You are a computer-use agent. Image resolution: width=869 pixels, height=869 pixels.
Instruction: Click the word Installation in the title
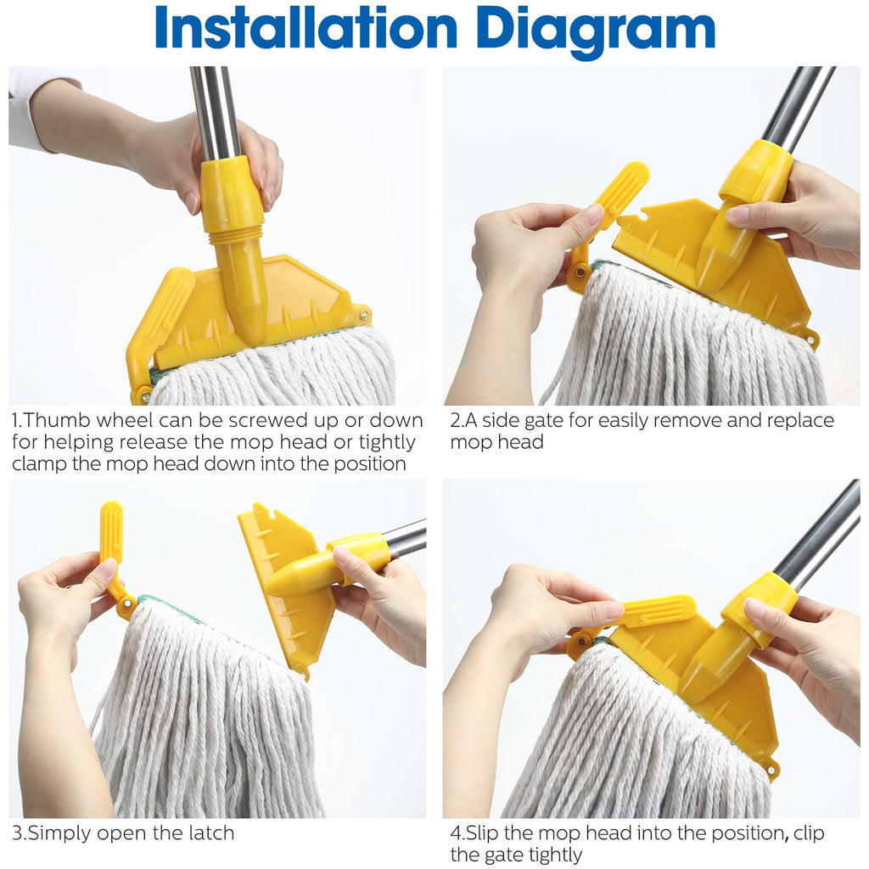tap(306, 28)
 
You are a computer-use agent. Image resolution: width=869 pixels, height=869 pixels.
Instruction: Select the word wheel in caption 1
tap(126, 421)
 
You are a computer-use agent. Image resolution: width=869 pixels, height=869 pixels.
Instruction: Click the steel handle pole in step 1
tap(214, 114)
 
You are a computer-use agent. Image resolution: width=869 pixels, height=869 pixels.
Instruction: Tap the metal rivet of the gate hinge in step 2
tap(580, 272)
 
